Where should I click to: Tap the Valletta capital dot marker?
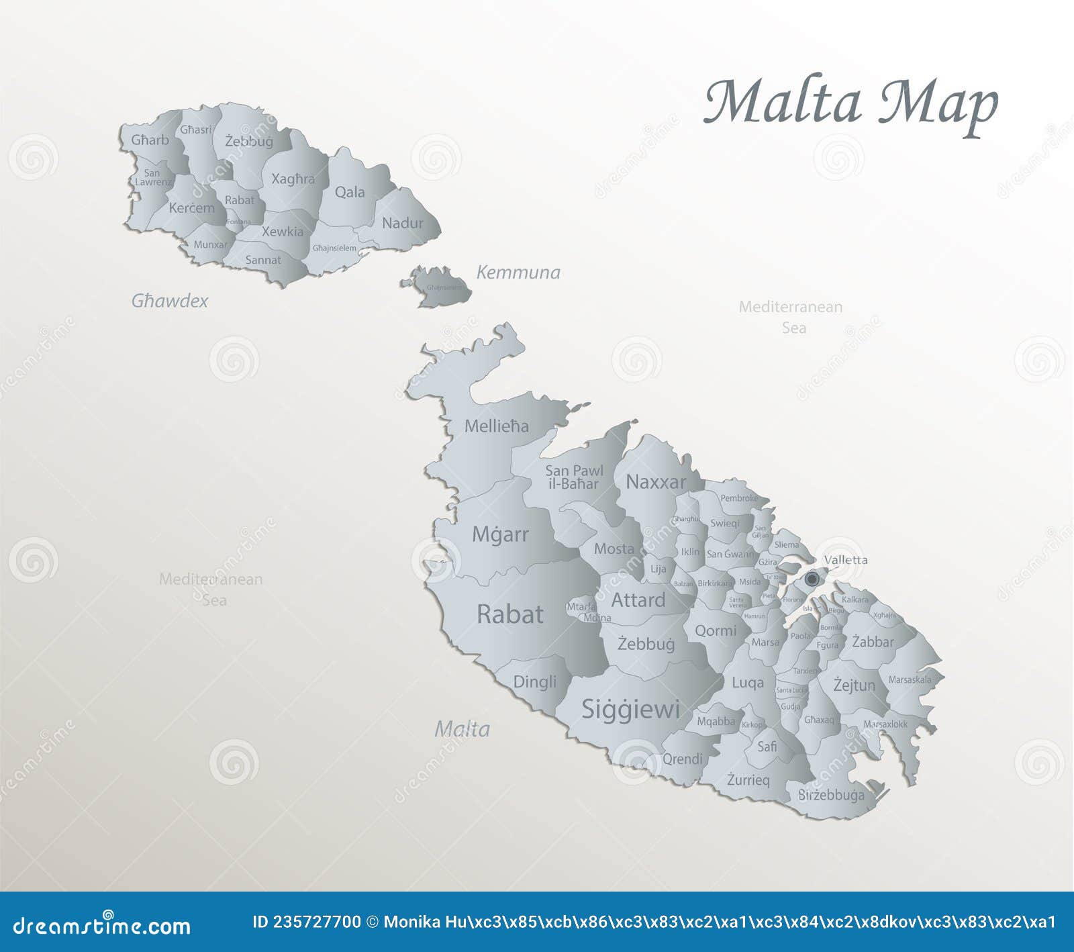812,579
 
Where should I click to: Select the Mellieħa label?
496,426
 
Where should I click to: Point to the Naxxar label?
656,481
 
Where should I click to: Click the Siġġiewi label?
630,709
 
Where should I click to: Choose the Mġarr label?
500,534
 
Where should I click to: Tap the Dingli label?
534,681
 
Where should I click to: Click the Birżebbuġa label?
831,795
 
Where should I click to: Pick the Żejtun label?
854,685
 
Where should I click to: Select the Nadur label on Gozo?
402,223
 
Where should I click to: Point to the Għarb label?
150,140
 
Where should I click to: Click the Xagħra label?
293,179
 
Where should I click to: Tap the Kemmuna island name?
518,272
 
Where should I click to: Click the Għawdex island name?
169,301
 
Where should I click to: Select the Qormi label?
715,630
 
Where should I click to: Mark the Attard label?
638,600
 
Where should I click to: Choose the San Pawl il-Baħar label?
574,477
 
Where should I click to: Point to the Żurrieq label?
748,779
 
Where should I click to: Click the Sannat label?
263,260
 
